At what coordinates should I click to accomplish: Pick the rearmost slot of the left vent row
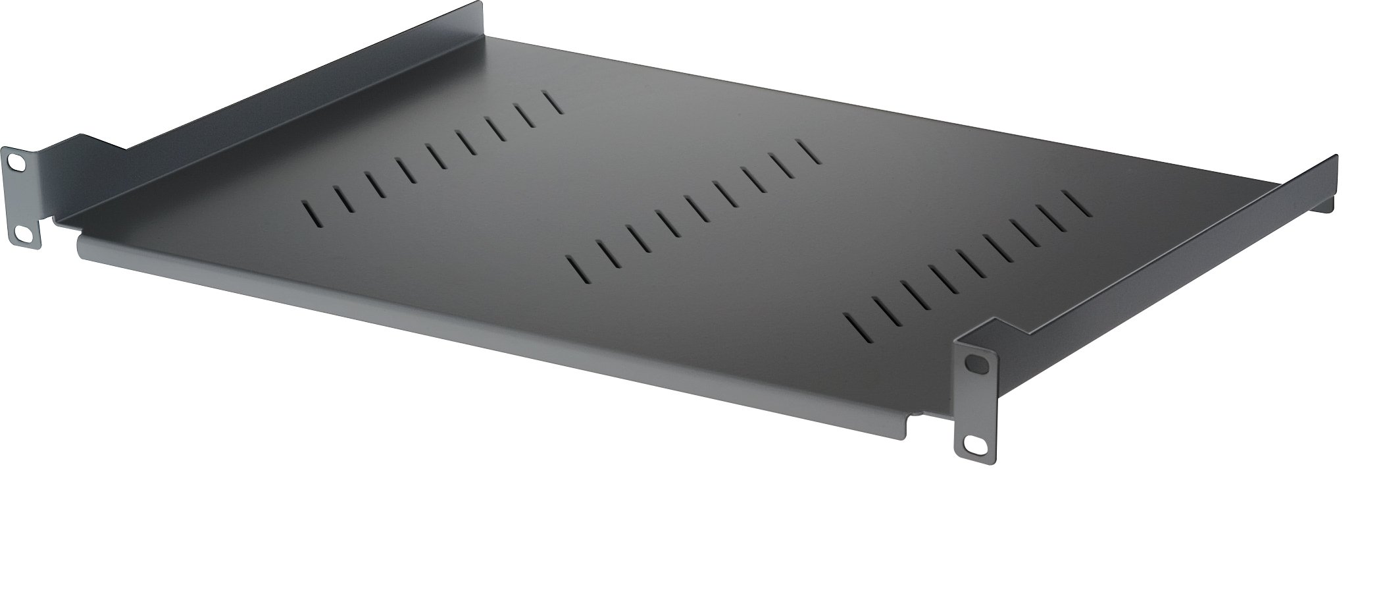click(x=553, y=103)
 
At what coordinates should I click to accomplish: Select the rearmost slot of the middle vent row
click(x=809, y=151)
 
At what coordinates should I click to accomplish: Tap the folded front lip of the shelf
click(x=461, y=336)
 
